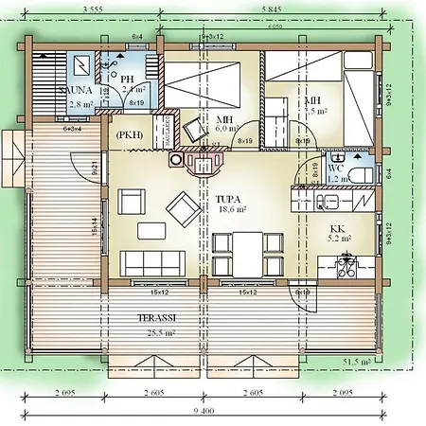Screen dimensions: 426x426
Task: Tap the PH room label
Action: [127, 79]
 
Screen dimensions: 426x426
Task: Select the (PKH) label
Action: [130, 135]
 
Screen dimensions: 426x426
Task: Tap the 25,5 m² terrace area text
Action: [158, 333]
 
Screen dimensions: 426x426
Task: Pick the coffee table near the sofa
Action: [150, 230]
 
